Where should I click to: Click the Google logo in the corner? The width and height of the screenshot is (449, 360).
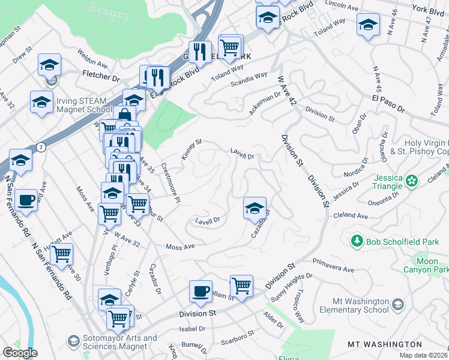click(20, 353)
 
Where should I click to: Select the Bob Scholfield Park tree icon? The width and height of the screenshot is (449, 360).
click(357, 241)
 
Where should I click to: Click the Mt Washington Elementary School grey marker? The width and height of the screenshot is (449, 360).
click(397, 307)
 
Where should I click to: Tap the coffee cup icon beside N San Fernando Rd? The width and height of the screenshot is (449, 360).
click(25, 200)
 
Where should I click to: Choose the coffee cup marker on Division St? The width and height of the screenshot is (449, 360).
click(200, 291)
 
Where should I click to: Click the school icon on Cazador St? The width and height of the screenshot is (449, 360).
click(255, 208)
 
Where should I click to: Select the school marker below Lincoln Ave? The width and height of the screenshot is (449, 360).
click(368, 25)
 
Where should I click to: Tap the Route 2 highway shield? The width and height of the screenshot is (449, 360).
click(40, 146)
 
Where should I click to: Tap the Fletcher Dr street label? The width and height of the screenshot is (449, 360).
click(100, 77)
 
